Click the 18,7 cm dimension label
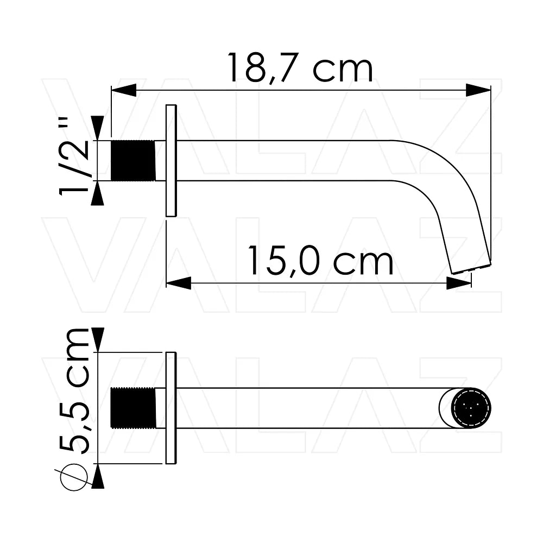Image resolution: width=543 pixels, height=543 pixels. [300, 68]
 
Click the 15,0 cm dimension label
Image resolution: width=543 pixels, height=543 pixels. [321, 261]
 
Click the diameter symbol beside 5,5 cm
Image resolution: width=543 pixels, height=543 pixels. [73, 477]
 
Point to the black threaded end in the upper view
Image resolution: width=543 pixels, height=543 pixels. [133, 160]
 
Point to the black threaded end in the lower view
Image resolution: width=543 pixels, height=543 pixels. [133, 408]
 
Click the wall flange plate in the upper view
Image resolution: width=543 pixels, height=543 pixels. [171, 160]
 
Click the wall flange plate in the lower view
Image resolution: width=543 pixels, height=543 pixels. [171, 408]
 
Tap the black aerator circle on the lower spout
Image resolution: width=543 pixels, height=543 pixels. [471, 408]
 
